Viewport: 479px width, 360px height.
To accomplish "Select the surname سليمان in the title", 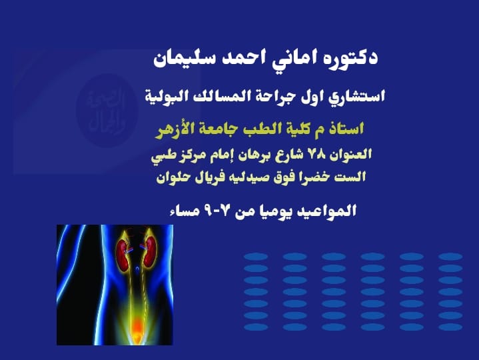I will coord(184,58).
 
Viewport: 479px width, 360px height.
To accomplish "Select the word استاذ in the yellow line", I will coord(344,127).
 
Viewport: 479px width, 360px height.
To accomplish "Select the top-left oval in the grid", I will coord(256,256).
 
